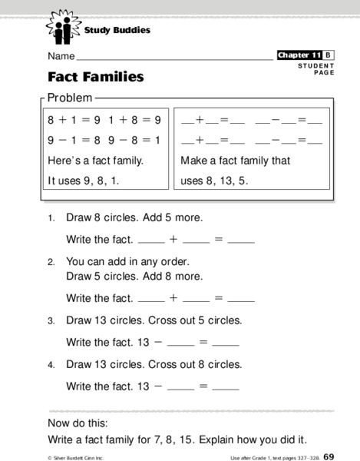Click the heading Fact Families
(x=95, y=77)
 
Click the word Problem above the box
(x=70, y=98)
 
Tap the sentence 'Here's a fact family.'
(x=95, y=161)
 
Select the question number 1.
(x=51, y=218)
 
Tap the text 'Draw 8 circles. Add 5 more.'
(x=134, y=217)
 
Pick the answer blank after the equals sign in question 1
(x=241, y=240)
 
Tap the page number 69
(x=328, y=456)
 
